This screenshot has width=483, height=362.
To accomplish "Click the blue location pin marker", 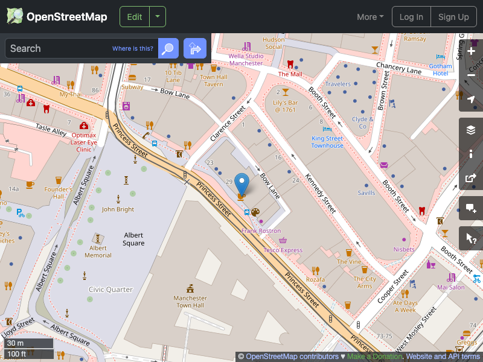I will pyautogui.click(x=241, y=183).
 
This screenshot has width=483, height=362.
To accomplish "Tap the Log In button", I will pyautogui.click(x=411, y=17).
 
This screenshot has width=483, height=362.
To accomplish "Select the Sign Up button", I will pyautogui.click(x=453, y=17).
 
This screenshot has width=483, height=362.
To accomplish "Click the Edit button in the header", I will pyautogui.click(x=134, y=17).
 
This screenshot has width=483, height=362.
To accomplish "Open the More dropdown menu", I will pyautogui.click(x=370, y=17).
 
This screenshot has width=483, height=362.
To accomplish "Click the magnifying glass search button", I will pyautogui.click(x=168, y=48).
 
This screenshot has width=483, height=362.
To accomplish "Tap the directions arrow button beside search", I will pyautogui.click(x=195, y=48).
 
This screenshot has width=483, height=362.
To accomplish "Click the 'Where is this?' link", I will pyautogui.click(x=133, y=48).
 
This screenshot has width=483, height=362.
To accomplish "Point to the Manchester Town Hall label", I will pyautogui.click(x=190, y=302).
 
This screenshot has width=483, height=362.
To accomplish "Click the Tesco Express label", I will pyautogui.click(x=283, y=250).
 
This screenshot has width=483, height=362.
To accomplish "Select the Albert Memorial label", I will pyautogui.click(x=98, y=251).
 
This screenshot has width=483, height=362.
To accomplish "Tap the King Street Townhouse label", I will pyautogui.click(x=327, y=142).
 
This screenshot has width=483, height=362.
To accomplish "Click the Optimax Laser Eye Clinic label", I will pyautogui.click(x=83, y=142).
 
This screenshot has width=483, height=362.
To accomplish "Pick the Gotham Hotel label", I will pyautogui.click(x=440, y=69).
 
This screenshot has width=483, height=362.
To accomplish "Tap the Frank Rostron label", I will pyautogui.click(x=261, y=231).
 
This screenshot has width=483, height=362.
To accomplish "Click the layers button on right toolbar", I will pyautogui.click(x=471, y=130).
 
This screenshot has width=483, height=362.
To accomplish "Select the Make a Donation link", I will pyautogui.click(x=374, y=357).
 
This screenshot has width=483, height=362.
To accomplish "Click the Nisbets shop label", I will pyautogui.click(x=404, y=249).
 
